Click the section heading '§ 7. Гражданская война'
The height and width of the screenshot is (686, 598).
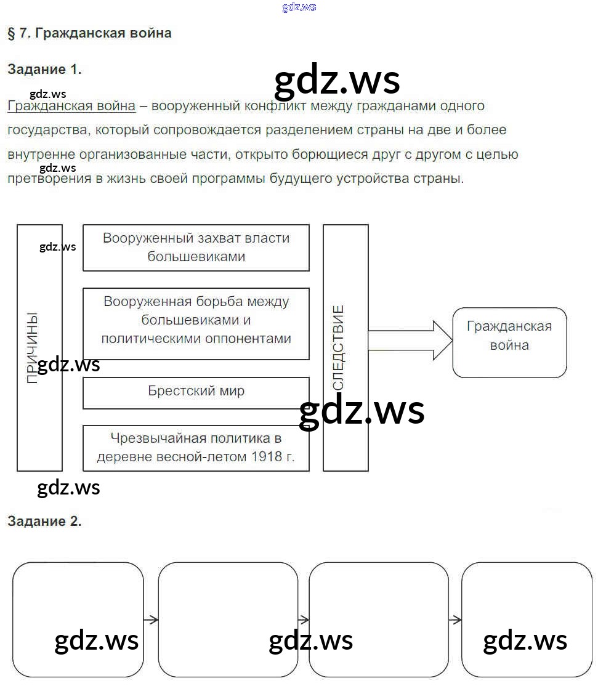pyautogui.click(x=89, y=33)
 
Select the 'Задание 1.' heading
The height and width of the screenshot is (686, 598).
pyautogui.click(x=44, y=70)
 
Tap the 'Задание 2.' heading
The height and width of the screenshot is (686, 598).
pyautogui.click(x=44, y=521)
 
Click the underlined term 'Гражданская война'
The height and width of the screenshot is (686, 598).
pyautogui.click(x=71, y=106)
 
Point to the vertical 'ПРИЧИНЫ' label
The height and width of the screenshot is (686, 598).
pyautogui.click(x=33, y=348)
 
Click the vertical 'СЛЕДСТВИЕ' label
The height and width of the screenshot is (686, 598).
pyautogui.click(x=339, y=348)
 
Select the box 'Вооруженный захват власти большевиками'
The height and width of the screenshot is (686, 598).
pyautogui.click(x=196, y=248)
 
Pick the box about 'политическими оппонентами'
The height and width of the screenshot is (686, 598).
pyautogui.click(x=196, y=323)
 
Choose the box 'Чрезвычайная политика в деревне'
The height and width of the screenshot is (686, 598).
pyautogui.click(x=196, y=448)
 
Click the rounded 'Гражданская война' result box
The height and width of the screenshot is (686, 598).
pyautogui.click(x=509, y=342)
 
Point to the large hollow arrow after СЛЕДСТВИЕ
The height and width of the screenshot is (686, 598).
pyautogui.click(x=410, y=340)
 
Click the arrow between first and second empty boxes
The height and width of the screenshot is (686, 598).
pyautogui.click(x=151, y=619)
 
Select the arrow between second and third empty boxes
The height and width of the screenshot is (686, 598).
pyautogui.click(x=303, y=619)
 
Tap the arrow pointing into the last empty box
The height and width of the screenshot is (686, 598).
pyautogui.click(x=455, y=619)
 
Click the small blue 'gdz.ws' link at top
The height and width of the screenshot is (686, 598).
pyautogui.click(x=299, y=7)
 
